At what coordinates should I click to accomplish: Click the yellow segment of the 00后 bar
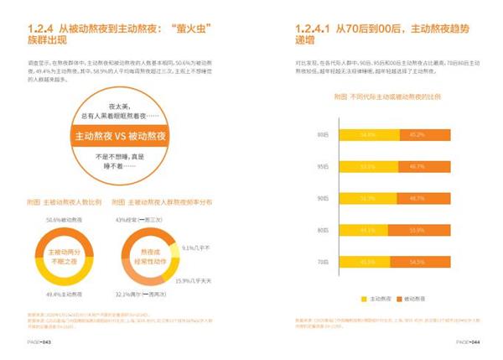pos(365,134)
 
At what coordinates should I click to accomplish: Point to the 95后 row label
pos(324,166)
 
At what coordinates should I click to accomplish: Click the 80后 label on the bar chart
pos(324,231)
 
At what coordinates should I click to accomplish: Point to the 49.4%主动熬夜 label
pos(61,292)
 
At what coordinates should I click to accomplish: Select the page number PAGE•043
pos(38,342)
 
